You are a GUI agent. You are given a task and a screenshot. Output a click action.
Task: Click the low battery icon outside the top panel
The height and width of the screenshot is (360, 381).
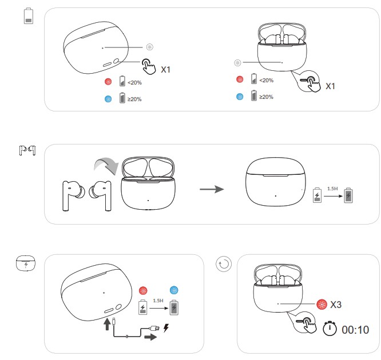[x=29, y=16]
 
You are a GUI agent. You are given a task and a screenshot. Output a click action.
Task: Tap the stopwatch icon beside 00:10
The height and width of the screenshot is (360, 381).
[x=330, y=329]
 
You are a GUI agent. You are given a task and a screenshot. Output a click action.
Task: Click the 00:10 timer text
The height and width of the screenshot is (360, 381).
[x=355, y=330]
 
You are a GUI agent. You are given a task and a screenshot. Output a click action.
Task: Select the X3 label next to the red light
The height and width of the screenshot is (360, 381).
[x=336, y=305]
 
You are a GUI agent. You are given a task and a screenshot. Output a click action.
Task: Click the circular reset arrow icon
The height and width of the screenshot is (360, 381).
[x=224, y=264]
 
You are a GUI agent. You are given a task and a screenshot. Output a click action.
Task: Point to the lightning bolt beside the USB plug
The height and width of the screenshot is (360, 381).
[x=166, y=327]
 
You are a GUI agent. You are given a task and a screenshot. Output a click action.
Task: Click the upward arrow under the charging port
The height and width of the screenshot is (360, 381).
[x=107, y=325]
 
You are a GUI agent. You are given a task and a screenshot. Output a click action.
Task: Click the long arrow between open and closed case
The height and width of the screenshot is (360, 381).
[x=212, y=189]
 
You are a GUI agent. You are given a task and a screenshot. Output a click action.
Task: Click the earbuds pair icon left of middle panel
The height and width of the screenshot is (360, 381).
[x=27, y=150]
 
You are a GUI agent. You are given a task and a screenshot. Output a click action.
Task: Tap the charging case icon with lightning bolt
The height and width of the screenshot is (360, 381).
[x=26, y=263]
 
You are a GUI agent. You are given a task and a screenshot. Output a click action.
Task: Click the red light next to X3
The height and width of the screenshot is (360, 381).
[x=322, y=304]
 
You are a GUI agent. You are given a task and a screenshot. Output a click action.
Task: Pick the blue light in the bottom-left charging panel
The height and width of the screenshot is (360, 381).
[x=174, y=290]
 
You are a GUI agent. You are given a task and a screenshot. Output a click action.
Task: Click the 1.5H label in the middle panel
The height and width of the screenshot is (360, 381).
[x=332, y=189]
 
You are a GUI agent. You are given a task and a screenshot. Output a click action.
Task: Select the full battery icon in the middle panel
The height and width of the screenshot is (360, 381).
[x=348, y=195]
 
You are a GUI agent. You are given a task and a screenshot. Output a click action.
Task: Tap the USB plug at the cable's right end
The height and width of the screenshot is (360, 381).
[x=155, y=329]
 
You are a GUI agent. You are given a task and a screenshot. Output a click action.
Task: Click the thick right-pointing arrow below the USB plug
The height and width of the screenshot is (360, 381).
[x=150, y=337]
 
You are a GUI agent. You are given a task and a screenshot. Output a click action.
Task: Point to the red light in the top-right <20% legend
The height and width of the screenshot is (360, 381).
[x=240, y=79]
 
